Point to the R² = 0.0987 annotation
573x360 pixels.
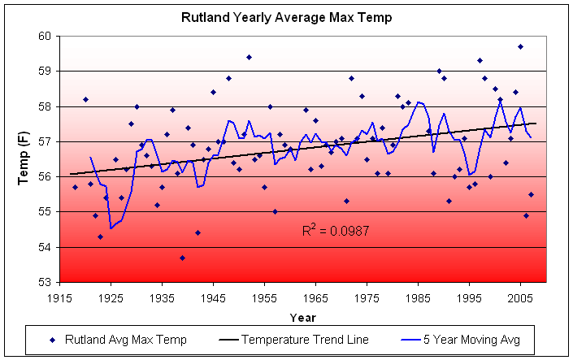(x=335, y=232)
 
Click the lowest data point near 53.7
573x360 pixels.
(x=182, y=258)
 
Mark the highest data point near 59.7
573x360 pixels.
(x=520, y=46)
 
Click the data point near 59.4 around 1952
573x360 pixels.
(x=249, y=57)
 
